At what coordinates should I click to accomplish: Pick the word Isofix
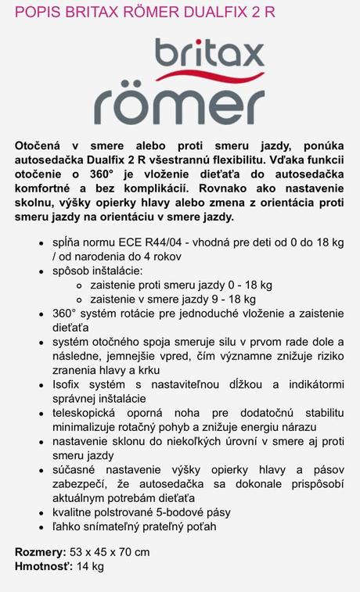click(70, 385)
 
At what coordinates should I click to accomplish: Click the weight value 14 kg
click(91, 566)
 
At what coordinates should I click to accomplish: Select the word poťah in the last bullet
click(199, 526)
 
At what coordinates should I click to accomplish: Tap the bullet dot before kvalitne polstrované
click(41, 512)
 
